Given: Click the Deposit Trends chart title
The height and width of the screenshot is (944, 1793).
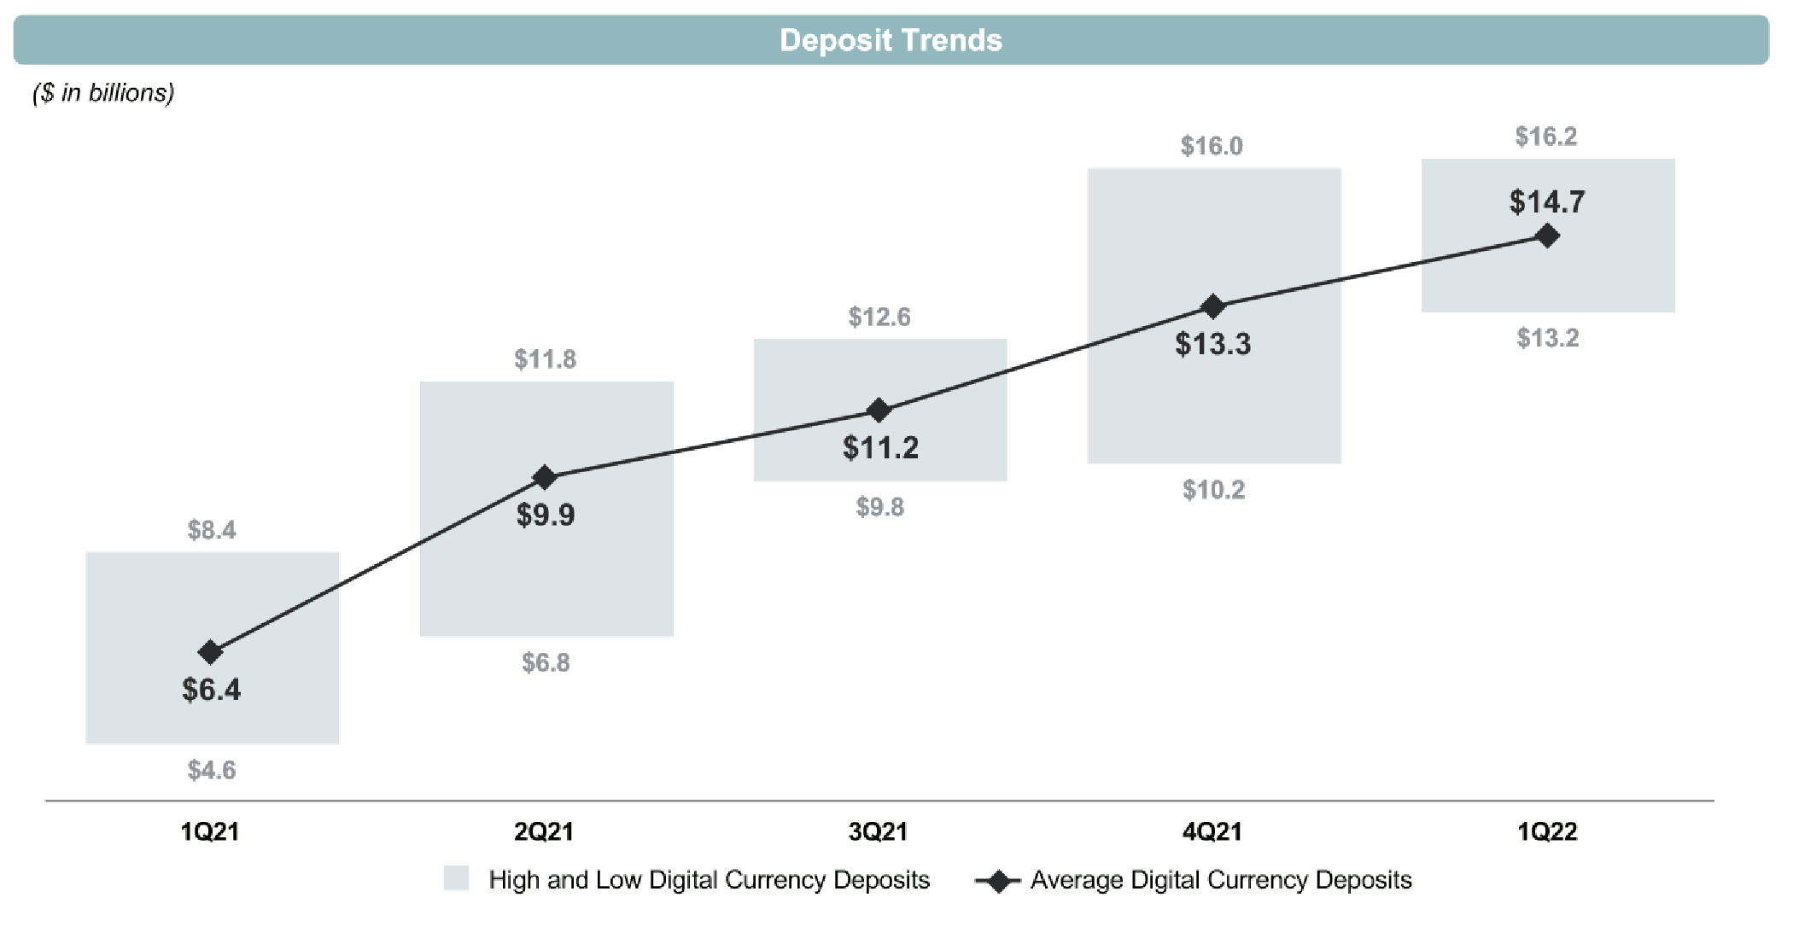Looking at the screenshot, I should tap(891, 40).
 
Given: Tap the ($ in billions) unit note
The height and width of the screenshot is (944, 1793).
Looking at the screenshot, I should tap(103, 92).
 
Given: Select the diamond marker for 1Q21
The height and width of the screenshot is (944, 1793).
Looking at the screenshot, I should tap(210, 652).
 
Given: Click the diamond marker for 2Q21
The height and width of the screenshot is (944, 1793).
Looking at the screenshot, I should tap(545, 477).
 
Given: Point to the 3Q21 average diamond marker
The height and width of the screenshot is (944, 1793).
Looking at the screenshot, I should tap(879, 411).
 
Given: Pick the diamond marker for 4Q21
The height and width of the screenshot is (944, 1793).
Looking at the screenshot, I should tap(1212, 306).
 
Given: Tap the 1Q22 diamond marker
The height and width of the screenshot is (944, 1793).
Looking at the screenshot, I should tap(1547, 236).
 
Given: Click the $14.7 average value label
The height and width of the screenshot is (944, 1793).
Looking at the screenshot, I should tap(1547, 202).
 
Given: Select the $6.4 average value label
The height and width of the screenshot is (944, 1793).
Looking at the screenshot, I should tap(211, 690).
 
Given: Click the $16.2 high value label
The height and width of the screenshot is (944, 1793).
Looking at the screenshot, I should tap(1546, 137).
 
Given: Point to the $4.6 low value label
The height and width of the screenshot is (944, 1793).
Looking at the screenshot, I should tap(212, 771).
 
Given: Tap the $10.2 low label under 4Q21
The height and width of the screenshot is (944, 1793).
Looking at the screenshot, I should tap(1213, 490).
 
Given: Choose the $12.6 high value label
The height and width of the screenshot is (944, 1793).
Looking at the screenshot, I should tap(879, 318).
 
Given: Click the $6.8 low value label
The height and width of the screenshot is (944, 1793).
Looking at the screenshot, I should tap(546, 662).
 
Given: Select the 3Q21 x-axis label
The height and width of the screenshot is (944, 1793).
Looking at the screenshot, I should tap(878, 831).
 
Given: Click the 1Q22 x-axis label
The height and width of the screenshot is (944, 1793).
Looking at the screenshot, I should tap(1547, 831).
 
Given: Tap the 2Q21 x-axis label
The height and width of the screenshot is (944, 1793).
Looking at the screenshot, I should tap(544, 831).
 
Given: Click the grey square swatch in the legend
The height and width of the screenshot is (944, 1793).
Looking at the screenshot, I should tap(456, 879).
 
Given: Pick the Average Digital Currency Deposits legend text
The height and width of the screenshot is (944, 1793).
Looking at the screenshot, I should tap(1221, 880).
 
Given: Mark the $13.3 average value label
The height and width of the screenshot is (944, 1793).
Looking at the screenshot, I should tap(1212, 344).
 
